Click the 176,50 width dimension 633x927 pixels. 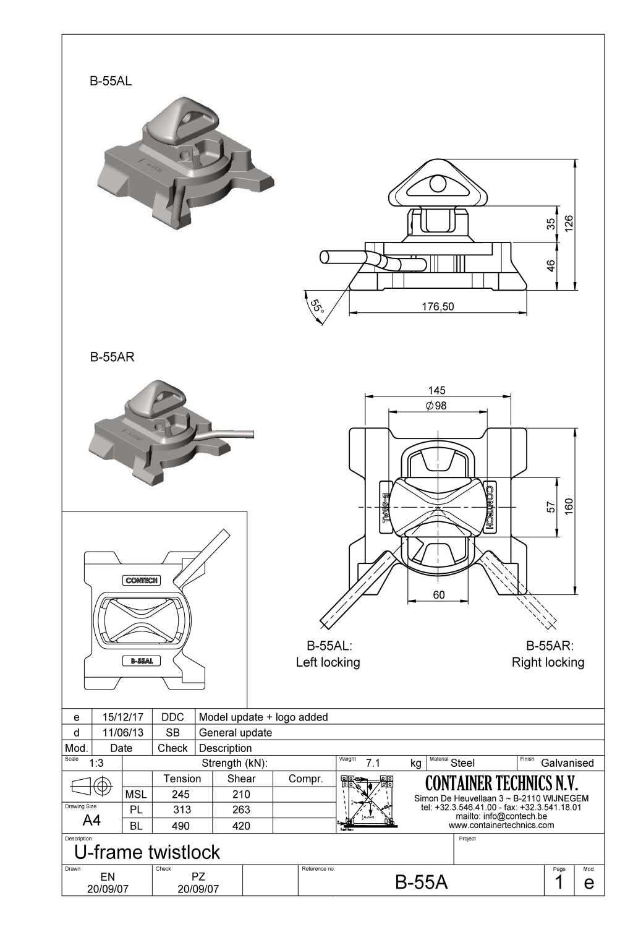pos(438,306)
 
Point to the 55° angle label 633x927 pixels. pos(316,306)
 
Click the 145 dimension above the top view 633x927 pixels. pos(436,390)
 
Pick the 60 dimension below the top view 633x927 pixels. pos(438,595)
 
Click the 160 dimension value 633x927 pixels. pos(569,505)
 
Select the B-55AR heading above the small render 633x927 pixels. pos(112,357)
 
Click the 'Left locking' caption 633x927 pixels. pos(328,662)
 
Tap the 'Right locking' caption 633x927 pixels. pos(548,662)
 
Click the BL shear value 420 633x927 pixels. pos(241,826)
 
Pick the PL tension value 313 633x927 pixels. pos(182,810)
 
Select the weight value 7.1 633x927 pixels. pos(373,763)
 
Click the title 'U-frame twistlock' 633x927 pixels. pos(147,852)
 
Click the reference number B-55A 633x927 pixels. pos(421,882)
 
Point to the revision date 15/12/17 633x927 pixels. pos(122,717)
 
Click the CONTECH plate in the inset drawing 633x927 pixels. pos(142,580)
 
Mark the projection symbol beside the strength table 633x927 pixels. pos(93,787)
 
